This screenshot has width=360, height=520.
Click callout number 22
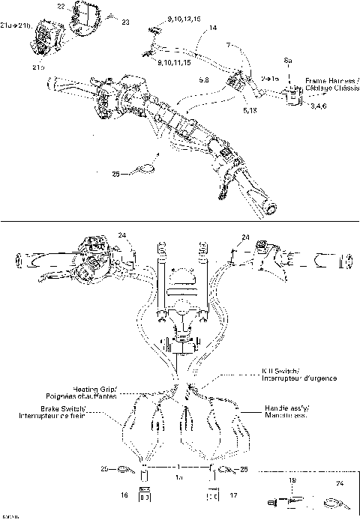(61, 7)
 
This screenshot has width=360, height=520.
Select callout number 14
(213, 28)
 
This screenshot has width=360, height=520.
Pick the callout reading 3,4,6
(323, 107)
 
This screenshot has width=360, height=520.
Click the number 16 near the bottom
(123, 496)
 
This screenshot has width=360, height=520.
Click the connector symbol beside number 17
(212, 495)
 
